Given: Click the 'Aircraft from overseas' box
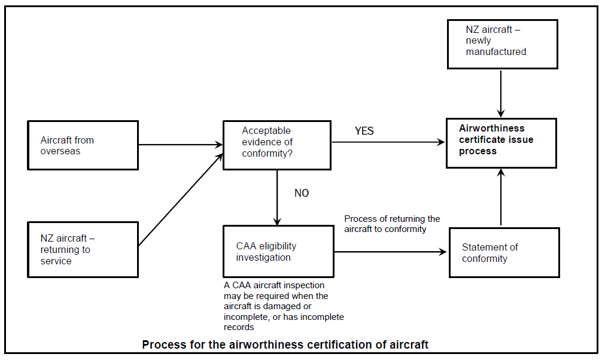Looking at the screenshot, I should tap(83, 145).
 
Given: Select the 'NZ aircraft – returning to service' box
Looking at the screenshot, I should tap(83, 249).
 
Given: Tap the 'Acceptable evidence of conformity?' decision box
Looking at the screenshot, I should tap(276, 145).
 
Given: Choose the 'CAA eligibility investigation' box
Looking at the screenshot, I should tap(278, 252).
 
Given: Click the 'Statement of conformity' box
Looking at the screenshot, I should tap(504, 252).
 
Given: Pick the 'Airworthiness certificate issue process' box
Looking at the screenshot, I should tap(501, 143).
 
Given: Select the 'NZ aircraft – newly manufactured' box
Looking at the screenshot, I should tap(502, 44).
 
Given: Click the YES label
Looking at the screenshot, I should tap(364, 131).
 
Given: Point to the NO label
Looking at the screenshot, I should tap(302, 193).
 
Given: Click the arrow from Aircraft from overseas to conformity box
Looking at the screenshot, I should tap(180, 144).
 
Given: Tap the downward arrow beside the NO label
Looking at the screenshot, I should tap(277, 197).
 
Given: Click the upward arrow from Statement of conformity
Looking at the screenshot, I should tap(501, 197).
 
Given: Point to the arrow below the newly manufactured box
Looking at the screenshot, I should tap(501, 93).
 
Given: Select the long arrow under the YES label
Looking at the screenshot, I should tap(388, 142).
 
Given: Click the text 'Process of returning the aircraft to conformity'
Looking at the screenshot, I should tap(392, 224).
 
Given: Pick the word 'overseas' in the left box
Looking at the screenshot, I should tap(60, 151).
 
